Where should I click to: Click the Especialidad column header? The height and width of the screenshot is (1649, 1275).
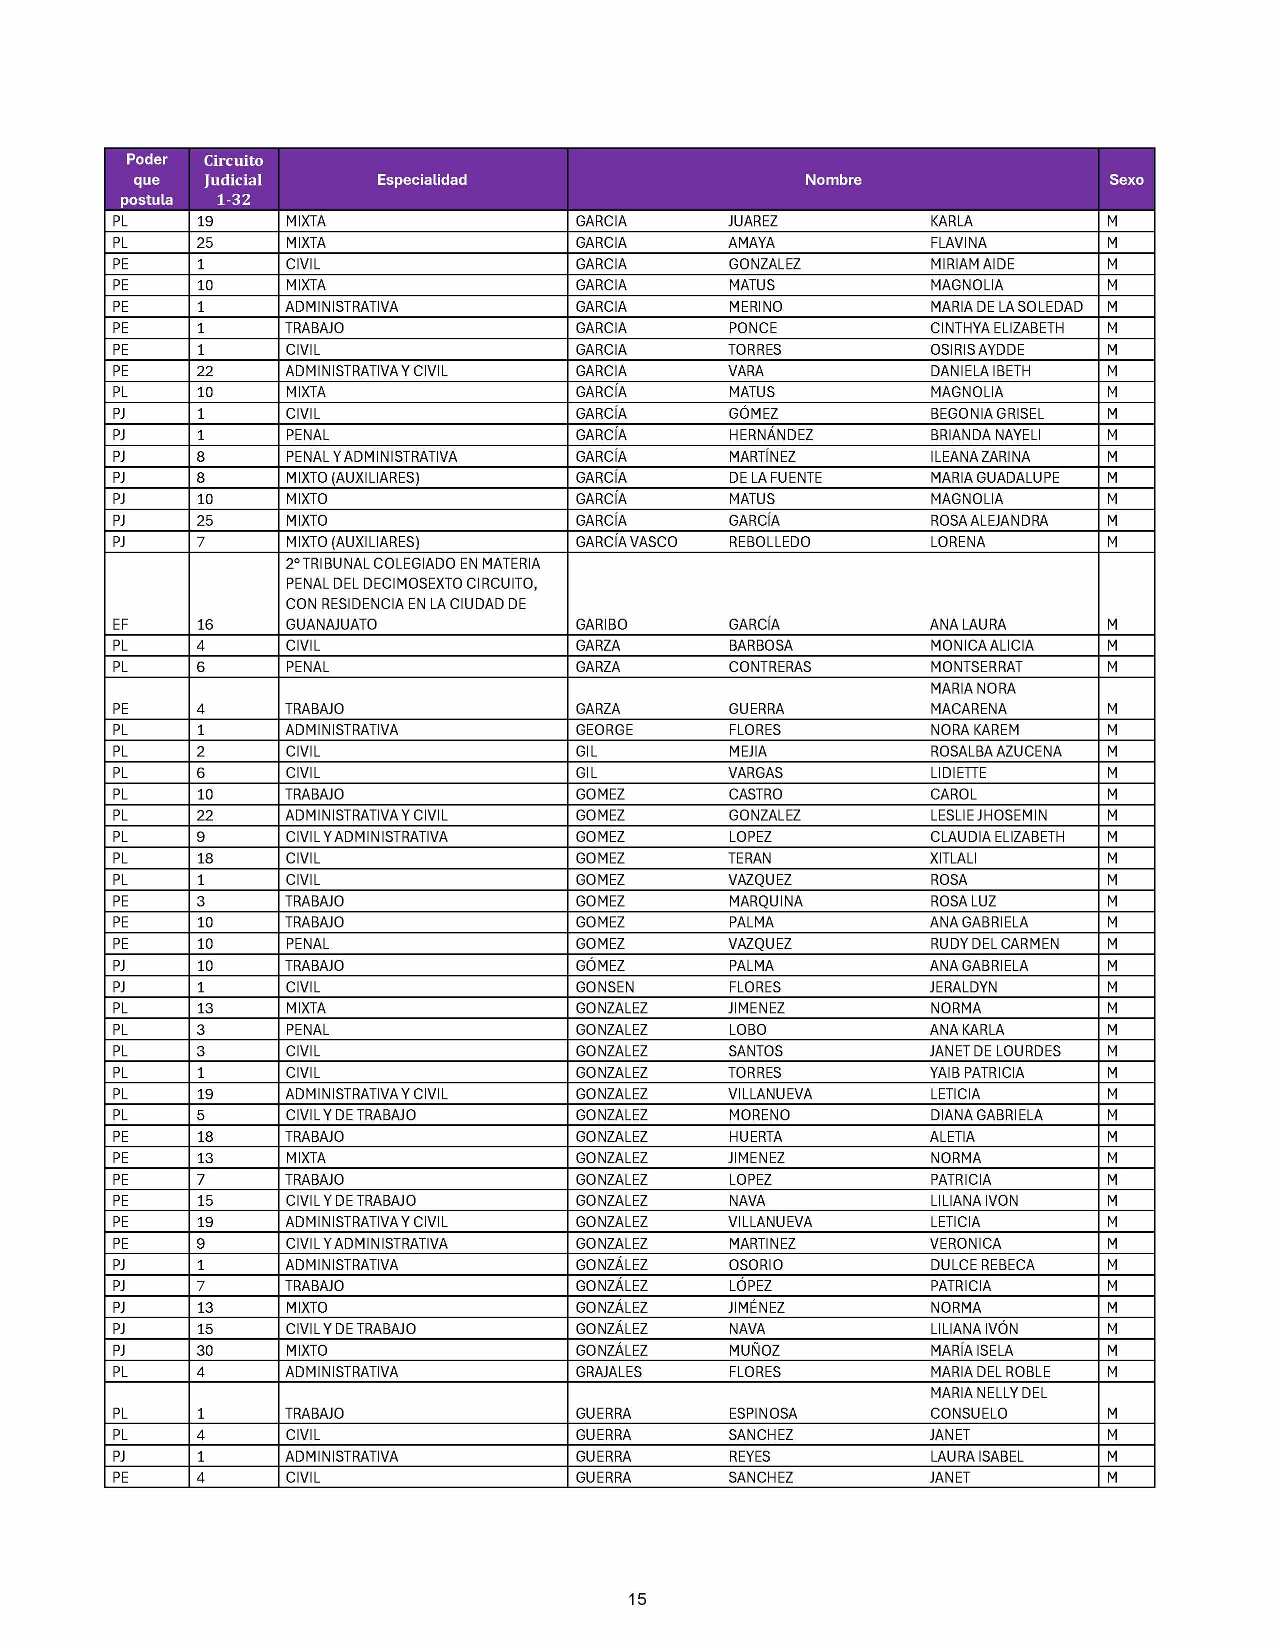click(x=421, y=180)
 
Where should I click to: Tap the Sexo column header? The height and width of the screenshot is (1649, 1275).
click(x=1125, y=180)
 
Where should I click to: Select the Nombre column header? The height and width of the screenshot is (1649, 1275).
click(x=832, y=180)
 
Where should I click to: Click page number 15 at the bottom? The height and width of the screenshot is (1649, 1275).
click(x=636, y=1599)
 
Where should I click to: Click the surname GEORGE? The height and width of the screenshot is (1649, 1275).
click(x=604, y=730)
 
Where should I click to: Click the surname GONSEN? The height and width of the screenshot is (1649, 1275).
click(x=604, y=987)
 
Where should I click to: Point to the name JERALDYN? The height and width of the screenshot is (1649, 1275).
click(x=963, y=987)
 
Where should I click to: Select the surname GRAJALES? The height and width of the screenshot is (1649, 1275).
click(x=608, y=1372)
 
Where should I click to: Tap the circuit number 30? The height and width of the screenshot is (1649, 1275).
click(x=204, y=1351)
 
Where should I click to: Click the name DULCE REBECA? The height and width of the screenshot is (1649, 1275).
click(x=982, y=1265)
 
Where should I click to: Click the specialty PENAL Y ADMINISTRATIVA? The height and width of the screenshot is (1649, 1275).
click(x=371, y=457)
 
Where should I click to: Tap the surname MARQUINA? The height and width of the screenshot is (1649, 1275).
click(x=765, y=901)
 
